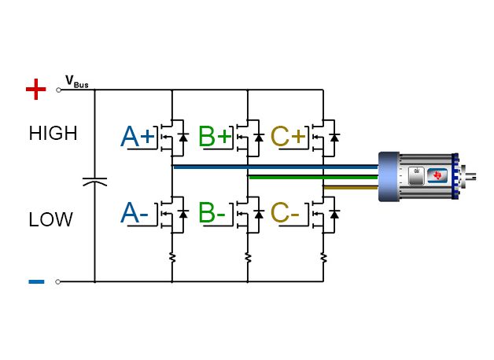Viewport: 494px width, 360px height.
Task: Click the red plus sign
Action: tap(36, 90)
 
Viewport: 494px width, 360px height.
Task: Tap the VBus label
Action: tap(76, 82)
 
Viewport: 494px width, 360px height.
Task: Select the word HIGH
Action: tap(53, 134)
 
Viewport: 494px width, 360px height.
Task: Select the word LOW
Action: tap(50, 220)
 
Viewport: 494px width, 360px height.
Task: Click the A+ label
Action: tap(138, 137)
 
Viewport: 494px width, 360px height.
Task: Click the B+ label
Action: tap(215, 137)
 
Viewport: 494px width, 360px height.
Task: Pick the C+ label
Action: tap(287, 137)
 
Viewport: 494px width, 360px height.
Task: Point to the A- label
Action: tap(135, 213)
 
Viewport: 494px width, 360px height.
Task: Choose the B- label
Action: tap(212, 213)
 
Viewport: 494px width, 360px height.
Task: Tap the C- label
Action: tap(285, 213)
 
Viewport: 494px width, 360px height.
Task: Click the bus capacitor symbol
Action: tap(94, 182)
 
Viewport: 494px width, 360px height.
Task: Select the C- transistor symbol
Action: tap(324, 213)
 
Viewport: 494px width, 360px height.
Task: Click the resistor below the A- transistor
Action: tap(171, 256)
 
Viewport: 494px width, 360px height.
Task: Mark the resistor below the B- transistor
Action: tap(248, 256)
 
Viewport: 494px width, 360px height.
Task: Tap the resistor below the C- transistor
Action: tap(323, 256)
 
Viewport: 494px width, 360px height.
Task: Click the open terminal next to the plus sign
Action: tap(58, 90)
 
